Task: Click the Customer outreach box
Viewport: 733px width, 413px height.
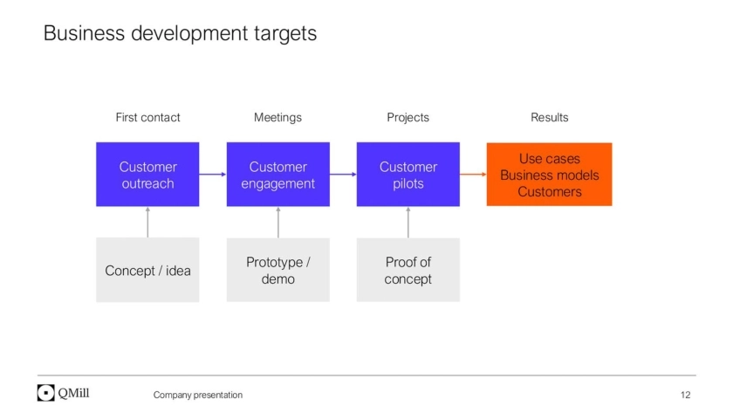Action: tap(147, 175)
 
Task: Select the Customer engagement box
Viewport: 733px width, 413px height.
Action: tap(277, 175)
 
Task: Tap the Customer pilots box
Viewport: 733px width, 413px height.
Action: tap(408, 175)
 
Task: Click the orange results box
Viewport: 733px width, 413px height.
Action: tap(549, 175)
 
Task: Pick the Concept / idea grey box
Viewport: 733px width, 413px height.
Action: tap(147, 270)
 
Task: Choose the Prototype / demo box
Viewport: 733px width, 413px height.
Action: tap(277, 270)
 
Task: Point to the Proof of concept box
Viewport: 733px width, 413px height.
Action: tap(408, 270)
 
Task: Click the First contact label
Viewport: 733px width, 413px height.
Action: tap(147, 117)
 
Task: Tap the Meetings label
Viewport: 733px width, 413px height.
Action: tap(277, 117)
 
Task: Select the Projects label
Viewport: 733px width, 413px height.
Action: tap(408, 117)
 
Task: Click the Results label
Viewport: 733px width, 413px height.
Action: tap(549, 117)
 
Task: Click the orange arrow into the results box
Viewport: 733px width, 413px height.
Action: tap(473, 175)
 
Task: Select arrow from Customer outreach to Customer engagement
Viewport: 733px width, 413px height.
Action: tap(213, 175)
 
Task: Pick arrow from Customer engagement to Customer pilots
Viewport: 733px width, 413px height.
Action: tap(343, 175)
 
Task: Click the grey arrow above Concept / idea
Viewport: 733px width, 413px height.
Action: tap(147, 222)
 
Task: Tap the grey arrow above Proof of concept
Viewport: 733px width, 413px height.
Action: tap(408, 222)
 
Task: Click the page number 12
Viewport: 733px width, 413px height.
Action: tap(685, 395)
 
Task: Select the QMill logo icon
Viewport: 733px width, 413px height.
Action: tap(46, 393)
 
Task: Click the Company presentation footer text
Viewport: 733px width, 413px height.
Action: tap(198, 395)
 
